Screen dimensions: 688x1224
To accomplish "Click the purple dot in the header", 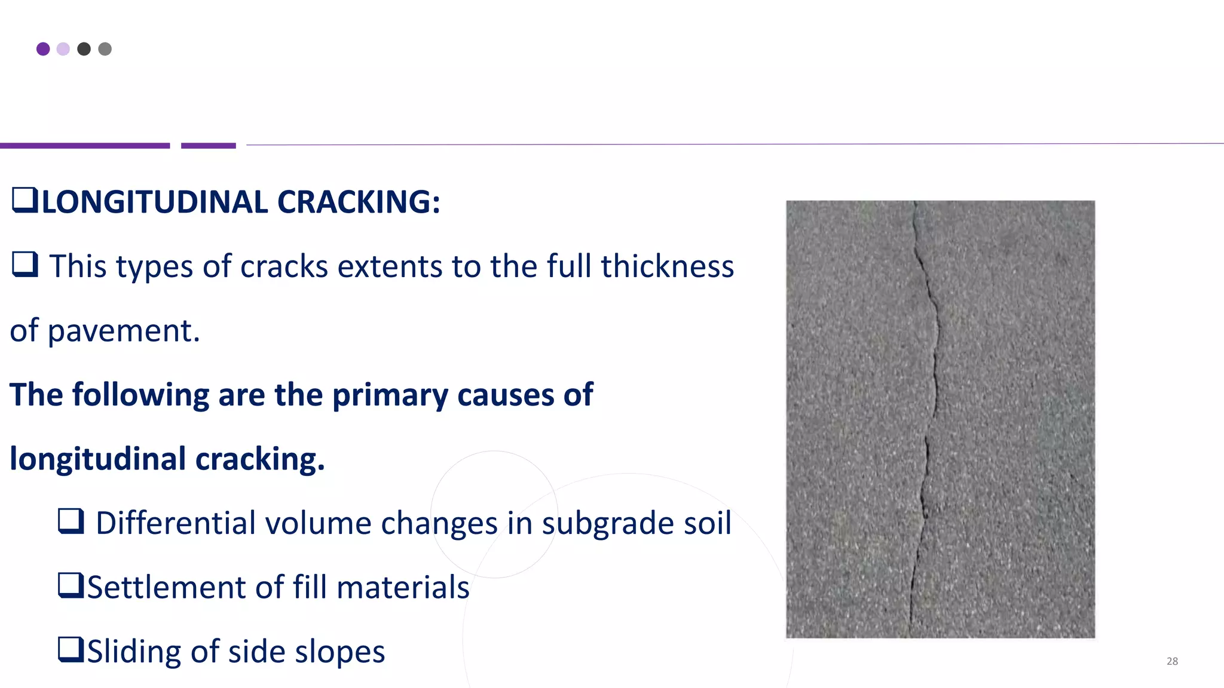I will pos(43,49).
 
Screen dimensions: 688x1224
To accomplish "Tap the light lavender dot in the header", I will pos(63,49).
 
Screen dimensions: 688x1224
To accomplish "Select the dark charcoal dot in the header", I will pos(84,49).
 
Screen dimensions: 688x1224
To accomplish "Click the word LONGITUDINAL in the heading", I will pos(155,202).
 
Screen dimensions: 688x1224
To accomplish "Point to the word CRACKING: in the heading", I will pos(359,202).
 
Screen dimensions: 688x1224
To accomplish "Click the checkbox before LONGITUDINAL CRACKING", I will pos(25,200).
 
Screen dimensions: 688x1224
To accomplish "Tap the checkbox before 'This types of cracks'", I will pos(25,264).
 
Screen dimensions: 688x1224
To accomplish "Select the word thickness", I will pos(667,266).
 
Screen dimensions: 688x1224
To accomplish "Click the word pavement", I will pos(123,331).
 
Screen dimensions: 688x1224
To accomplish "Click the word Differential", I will pos(176,523).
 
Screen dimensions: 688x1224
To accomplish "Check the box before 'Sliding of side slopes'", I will pos(71,650).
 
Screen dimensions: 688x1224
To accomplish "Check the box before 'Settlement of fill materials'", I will pos(71,585).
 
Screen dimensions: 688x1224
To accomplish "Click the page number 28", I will pos(1172,661).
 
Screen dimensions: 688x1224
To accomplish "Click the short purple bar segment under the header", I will pos(209,146).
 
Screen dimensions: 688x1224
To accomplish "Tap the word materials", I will pos(403,587).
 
